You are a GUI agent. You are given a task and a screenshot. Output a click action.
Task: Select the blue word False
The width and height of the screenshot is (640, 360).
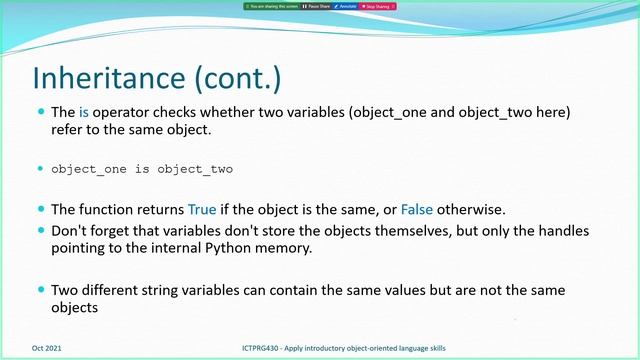tap(419, 210)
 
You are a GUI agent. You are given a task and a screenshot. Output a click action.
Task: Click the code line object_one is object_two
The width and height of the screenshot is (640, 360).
tap(141, 169)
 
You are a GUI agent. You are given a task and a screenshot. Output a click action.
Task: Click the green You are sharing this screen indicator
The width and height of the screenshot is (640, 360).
tap(271, 6)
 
